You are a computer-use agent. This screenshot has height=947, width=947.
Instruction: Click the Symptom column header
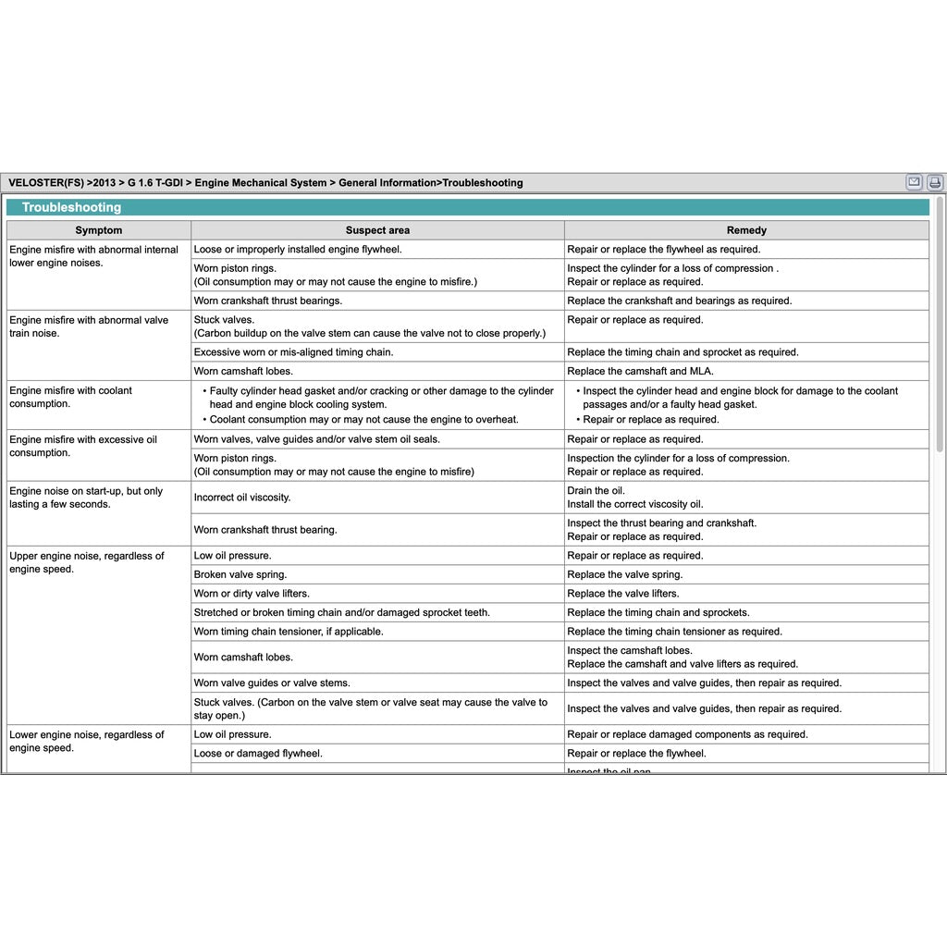click(98, 230)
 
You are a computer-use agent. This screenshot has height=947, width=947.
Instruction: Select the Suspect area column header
click(377, 230)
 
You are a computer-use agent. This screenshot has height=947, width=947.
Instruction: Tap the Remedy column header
click(746, 230)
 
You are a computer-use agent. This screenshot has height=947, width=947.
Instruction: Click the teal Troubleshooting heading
click(72, 208)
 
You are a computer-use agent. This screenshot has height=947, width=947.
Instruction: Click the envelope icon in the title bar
click(914, 182)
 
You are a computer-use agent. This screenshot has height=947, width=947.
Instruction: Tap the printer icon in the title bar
click(935, 182)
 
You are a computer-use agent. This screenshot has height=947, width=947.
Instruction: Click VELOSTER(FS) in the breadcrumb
click(45, 183)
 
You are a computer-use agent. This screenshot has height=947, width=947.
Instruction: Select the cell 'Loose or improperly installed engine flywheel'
click(298, 250)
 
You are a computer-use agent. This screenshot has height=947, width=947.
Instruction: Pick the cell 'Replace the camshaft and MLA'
click(640, 371)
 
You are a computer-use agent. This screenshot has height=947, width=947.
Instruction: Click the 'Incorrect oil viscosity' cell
click(242, 498)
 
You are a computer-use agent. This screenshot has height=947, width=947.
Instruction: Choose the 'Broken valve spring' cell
click(240, 574)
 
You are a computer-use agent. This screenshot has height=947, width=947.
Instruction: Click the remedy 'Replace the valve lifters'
click(623, 594)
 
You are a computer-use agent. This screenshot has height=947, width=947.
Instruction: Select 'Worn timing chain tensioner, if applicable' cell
click(289, 632)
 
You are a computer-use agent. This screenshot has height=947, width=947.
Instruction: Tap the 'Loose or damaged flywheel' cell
click(258, 754)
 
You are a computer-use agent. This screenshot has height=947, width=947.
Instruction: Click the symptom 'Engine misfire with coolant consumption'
click(71, 397)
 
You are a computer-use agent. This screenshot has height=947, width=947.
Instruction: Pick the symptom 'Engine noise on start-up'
click(86, 498)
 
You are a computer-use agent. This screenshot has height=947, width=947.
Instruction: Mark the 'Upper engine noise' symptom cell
click(87, 562)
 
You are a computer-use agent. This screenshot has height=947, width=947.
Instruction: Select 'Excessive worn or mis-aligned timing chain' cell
click(293, 352)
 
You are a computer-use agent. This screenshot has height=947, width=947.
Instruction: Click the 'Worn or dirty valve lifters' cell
click(252, 594)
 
